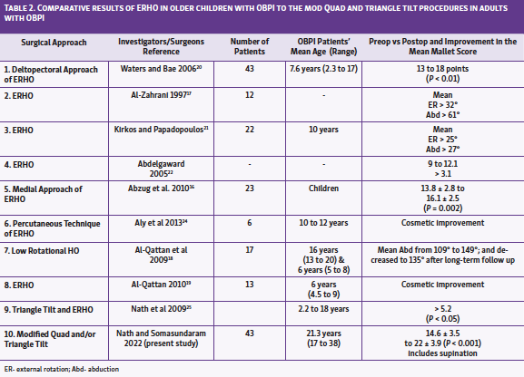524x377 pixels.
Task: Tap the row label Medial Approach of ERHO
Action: (50, 195)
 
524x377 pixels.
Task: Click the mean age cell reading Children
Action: (320, 188)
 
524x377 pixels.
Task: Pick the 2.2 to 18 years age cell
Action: (320, 308)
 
